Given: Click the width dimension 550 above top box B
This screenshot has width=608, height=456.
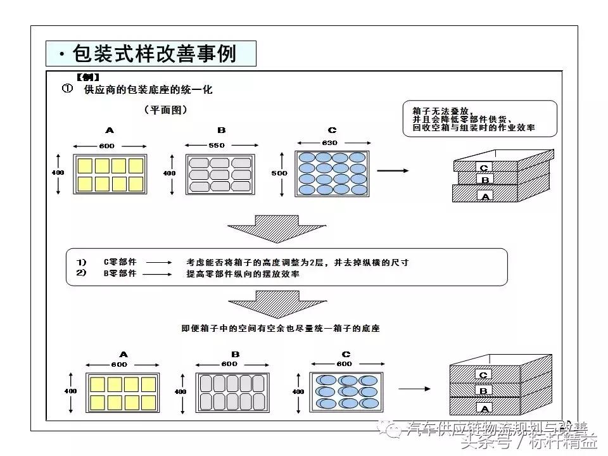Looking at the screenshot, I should point(218,146).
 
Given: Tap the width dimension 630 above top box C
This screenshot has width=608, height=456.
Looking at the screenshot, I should point(329,143).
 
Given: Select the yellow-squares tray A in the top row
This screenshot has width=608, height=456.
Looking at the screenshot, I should point(110,174).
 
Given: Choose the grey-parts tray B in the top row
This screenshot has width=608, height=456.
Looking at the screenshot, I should point(221,174).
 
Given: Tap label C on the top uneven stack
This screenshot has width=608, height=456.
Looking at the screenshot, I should point(484,168).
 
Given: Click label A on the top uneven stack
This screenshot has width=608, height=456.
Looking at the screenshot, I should point(486,196).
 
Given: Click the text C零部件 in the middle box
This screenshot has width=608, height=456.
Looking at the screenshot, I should point(120,262).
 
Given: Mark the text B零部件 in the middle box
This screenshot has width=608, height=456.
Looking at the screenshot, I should point(120,274).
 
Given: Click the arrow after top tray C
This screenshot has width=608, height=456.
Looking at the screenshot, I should point(393,170).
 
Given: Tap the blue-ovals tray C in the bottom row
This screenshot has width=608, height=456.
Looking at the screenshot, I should point(345,393).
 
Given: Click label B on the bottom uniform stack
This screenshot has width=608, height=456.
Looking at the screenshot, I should point(483,391).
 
